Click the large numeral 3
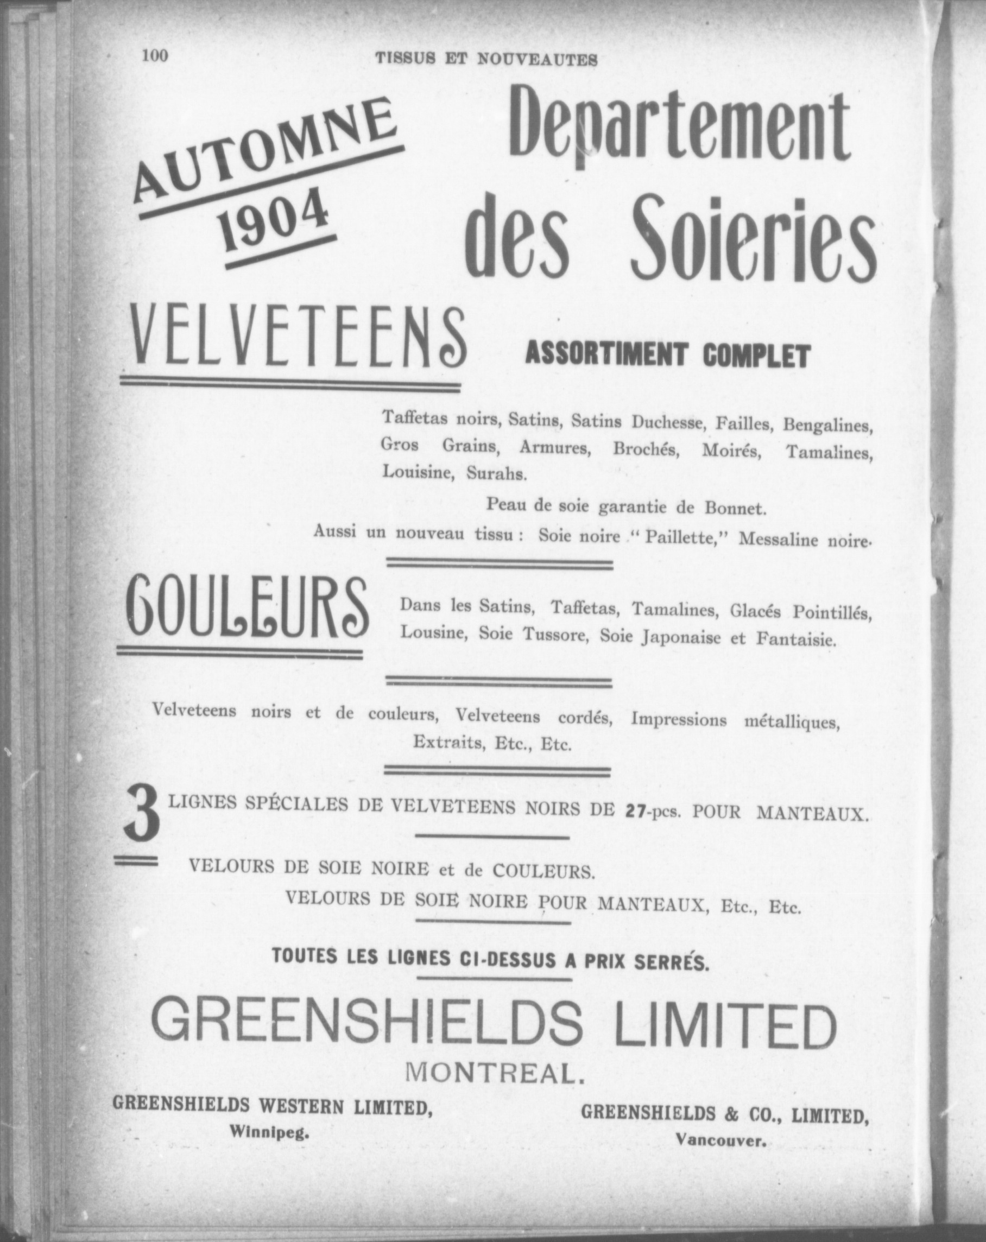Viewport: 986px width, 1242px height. [142, 818]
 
